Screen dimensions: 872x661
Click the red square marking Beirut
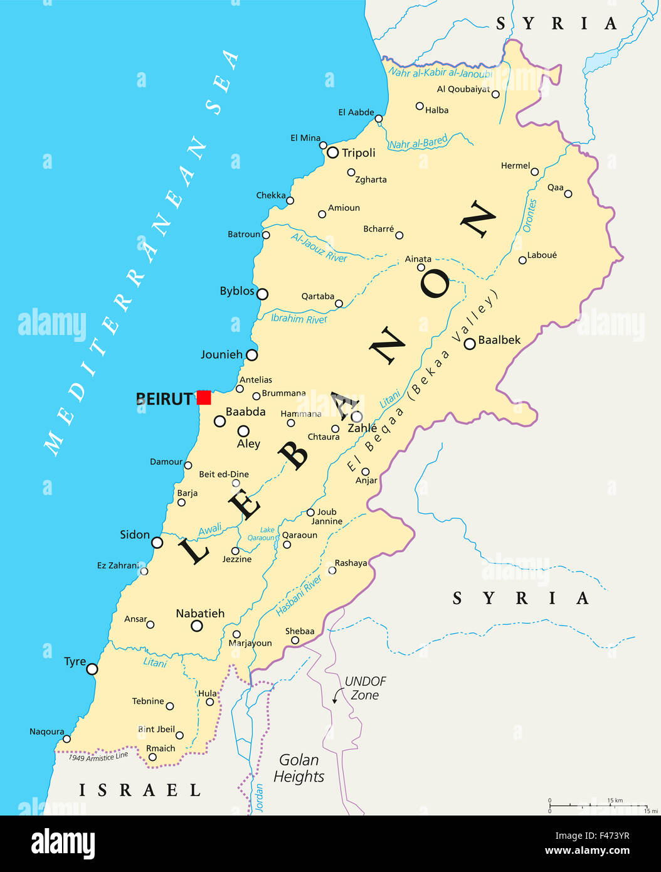(203, 397)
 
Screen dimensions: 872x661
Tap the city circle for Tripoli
(332, 152)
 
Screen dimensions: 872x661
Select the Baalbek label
(499, 340)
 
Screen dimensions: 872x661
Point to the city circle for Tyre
(92, 669)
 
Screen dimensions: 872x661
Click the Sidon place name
(135, 534)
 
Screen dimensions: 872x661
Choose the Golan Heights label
(299, 768)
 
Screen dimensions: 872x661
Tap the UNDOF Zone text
(365, 688)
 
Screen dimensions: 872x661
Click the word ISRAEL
(140, 790)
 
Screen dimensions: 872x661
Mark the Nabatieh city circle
(197, 625)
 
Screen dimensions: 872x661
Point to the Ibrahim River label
(299, 319)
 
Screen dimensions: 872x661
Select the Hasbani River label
(299, 595)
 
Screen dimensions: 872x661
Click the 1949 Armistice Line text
(98, 757)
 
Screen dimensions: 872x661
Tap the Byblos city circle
(262, 294)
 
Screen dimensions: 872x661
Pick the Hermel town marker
(535, 172)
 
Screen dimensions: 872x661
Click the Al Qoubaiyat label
(463, 89)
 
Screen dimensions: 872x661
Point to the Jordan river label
(260, 797)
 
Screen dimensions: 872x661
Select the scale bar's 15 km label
(615, 800)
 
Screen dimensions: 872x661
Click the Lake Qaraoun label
(261, 534)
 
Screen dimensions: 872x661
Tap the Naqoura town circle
(66, 739)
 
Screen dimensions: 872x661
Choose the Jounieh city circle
(251, 355)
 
